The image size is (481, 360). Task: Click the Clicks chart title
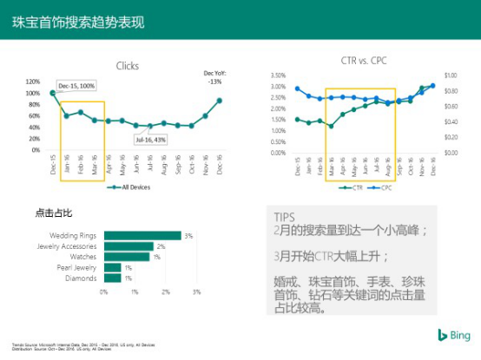[127, 66]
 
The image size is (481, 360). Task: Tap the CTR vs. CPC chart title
[366, 61]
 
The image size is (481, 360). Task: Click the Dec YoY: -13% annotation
[213, 77]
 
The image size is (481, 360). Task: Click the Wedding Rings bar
[142, 235]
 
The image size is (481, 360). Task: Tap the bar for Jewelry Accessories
[129, 246]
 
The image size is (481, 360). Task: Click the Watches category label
[84, 257]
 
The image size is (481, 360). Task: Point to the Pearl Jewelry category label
[78, 267]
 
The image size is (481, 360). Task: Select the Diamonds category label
[82, 278]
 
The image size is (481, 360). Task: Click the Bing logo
[453, 336]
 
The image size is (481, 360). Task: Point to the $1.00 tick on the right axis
[451, 75]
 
